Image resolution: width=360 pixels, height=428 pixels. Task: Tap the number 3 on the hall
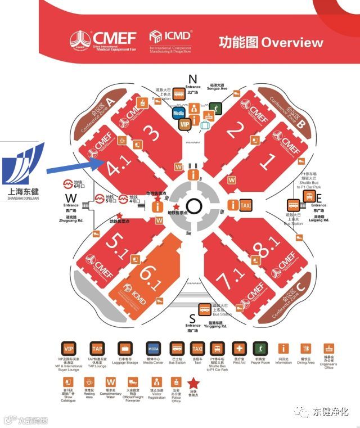tap(150, 133)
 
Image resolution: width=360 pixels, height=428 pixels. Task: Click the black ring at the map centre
tap(193, 206)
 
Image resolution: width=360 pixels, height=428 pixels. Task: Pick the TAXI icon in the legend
tap(197, 349)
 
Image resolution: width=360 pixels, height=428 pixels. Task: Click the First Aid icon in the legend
tap(239, 349)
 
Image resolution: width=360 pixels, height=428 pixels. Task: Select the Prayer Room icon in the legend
tap(259, 349)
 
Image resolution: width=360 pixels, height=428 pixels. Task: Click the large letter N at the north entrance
tap(193, 79)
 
